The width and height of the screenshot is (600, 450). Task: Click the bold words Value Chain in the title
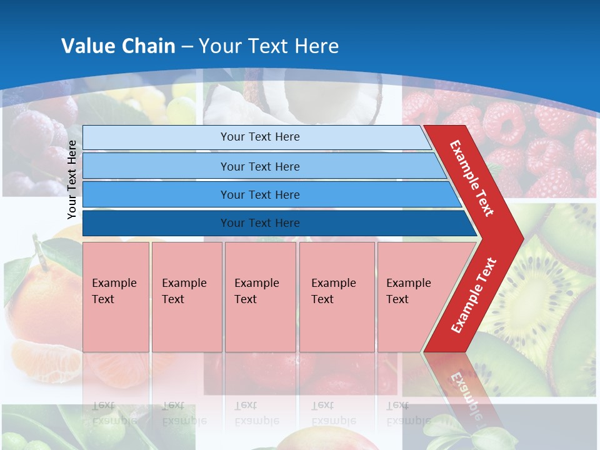118,46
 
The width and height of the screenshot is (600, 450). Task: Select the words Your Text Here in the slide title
269,46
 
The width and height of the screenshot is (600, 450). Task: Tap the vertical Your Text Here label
72,179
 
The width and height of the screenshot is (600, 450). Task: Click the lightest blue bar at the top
256,137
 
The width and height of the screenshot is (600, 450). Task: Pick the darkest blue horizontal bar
275,223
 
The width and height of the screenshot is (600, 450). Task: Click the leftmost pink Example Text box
116,296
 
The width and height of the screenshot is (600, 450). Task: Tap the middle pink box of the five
260,296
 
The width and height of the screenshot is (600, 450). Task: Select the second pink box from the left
187,296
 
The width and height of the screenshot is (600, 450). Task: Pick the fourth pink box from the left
337,296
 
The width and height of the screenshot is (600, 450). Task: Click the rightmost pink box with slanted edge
412,296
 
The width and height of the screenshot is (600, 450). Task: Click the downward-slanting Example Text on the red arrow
472,177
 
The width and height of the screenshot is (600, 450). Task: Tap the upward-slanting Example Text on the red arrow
474,296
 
